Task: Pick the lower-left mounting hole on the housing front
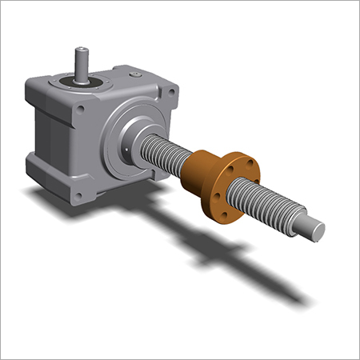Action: coord(78,191)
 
